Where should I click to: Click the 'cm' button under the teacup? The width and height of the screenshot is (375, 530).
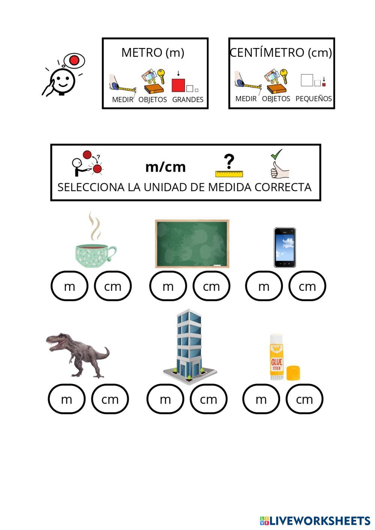tap(112, 286)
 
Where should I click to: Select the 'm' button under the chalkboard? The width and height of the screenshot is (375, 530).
tap(168, 286)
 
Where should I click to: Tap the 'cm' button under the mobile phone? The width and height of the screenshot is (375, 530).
tap(307, 286)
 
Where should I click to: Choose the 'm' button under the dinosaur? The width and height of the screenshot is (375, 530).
tap(66, 399)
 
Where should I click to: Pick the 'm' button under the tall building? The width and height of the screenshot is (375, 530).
tap(165, 399)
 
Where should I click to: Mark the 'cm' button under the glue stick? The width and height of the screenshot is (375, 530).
tap(304, 399)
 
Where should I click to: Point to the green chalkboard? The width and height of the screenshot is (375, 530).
tap(192, 244)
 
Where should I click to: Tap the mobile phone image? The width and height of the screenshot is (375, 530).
tap(285, 247)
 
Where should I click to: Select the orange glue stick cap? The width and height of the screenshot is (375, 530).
tap(294, 373)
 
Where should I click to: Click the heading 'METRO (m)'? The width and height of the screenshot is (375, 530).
tap(153, 52)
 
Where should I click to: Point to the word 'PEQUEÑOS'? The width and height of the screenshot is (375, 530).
tap(313, 99)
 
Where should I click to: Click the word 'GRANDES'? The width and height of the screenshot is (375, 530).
tap(187, 99)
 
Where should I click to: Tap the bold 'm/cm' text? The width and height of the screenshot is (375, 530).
tap(165, 167)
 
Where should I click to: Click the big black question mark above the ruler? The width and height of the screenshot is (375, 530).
tap(229, 161)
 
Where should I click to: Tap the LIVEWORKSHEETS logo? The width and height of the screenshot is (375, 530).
tap(315, 521)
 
